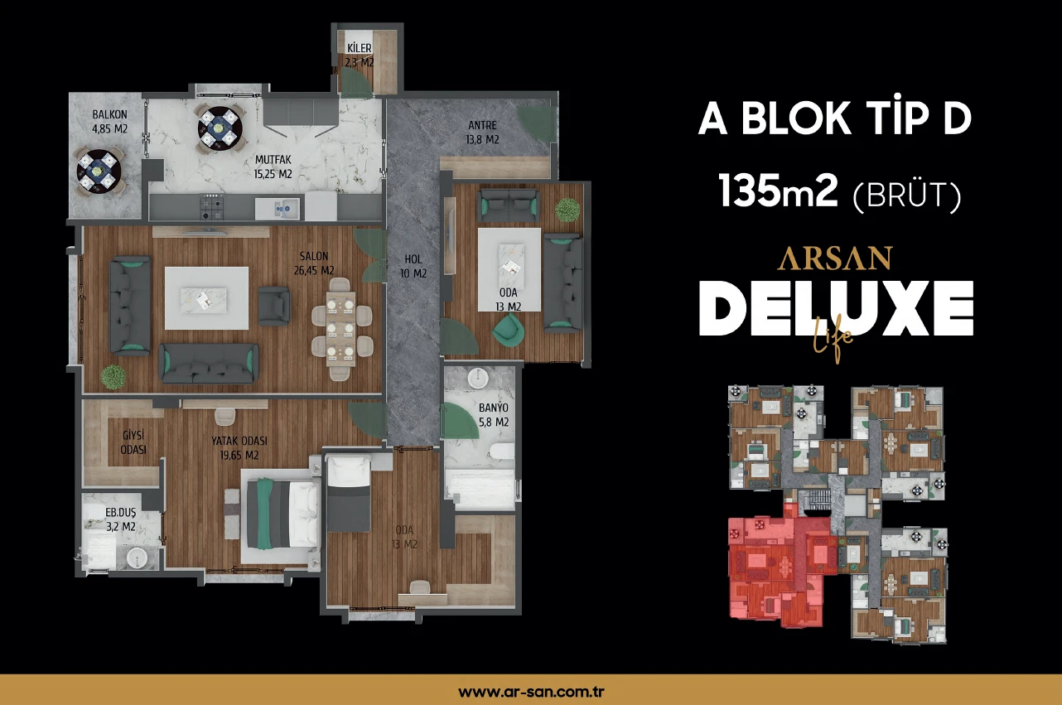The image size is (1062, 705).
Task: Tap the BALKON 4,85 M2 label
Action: tap(110, 122)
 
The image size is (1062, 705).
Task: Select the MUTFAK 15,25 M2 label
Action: tap(273, 167)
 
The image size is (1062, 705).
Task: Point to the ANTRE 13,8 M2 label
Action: tap(482, 133)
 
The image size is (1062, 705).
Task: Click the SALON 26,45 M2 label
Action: tap(314, 263)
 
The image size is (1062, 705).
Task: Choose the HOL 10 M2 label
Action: tap(413, 266)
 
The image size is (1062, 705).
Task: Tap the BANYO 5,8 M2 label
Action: tap(494, 415)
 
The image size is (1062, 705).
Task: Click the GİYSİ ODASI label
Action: tap(133, 442)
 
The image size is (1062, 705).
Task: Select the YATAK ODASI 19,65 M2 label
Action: tap(239, 448)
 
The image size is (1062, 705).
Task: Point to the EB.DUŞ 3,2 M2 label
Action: tap(120, 519)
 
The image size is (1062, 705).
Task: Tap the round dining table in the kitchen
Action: tap(220, 128)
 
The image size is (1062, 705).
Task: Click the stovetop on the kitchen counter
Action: tap(211, 207)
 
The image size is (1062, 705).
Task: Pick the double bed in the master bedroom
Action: tap(280, 514)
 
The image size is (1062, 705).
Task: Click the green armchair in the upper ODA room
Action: tap(509, 330)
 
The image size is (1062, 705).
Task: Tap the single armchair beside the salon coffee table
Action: tap(274, 306)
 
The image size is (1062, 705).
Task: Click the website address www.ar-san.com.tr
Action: tap(531, 691)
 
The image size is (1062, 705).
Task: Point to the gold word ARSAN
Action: tap(834, 258)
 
